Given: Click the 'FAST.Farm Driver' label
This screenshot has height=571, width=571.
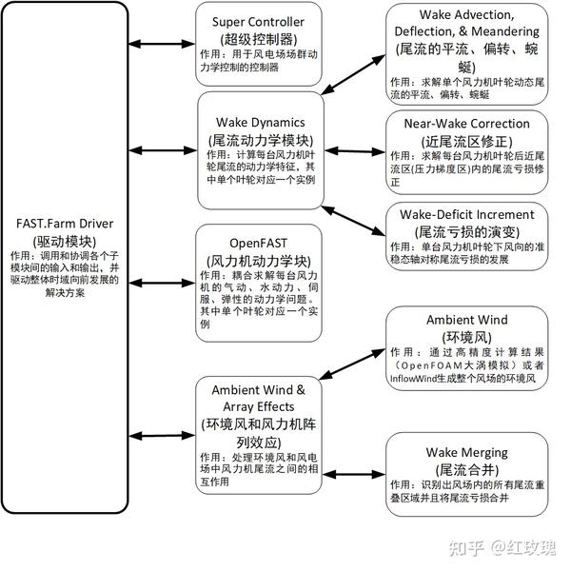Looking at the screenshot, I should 66,223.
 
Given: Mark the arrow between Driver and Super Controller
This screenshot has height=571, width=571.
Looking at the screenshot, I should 163,43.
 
